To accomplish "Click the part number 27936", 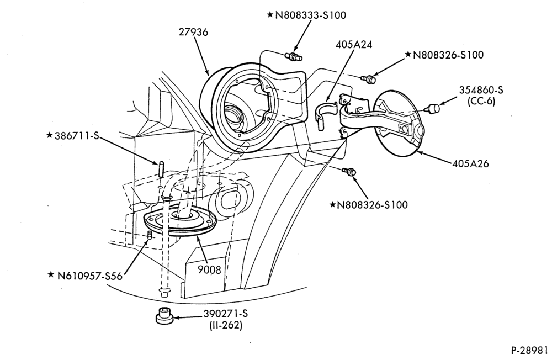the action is tap(193, 32).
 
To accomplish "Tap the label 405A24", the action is tap(353, 45).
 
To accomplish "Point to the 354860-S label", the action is tap(481, 90).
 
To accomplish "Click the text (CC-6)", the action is tap(481, 102).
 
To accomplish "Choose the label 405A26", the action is tap(470, 163).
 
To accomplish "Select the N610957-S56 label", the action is tap(90, 276).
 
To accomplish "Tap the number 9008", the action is tap(209, 270).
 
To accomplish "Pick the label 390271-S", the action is tap(225, 314).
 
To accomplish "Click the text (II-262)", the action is tap(226, 325).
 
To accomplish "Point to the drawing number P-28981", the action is tap(529, 351).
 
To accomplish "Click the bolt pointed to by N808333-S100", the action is tap(293, 56).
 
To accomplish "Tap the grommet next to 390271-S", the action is tap(164, 315).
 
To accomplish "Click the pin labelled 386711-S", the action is tap(160, 169).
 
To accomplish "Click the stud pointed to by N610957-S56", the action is tap(150, 235).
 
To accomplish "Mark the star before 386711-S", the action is tap(50, 135).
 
